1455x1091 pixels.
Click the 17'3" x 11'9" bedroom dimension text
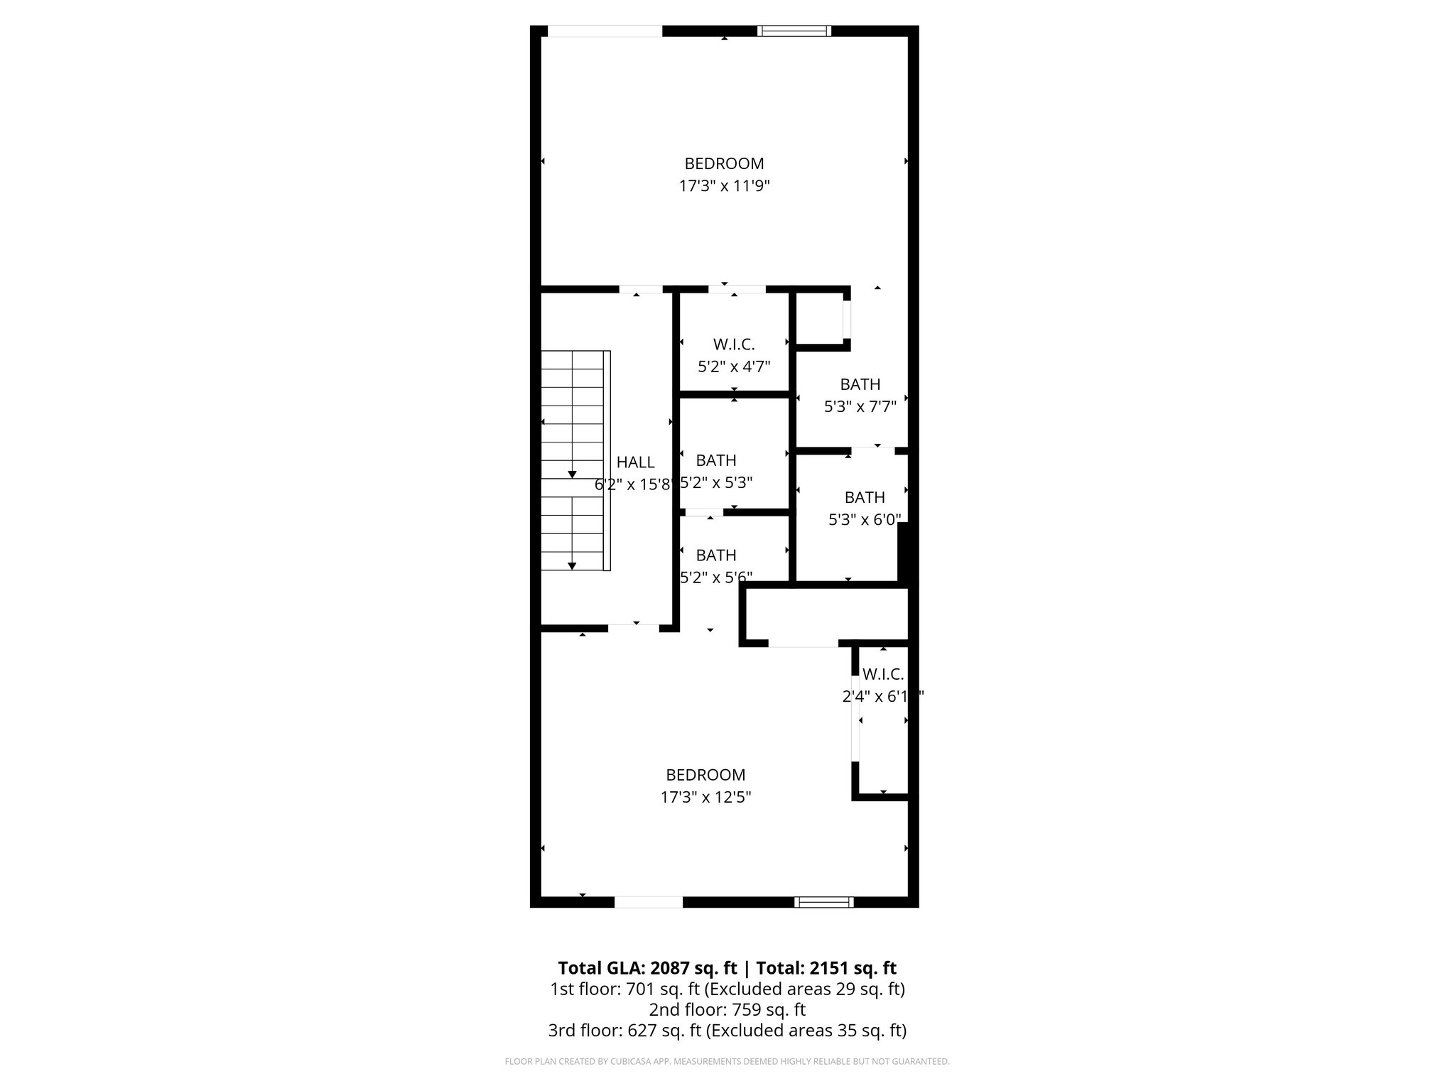tap(724, 186)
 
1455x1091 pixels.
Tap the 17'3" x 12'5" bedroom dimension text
tap(705, 797)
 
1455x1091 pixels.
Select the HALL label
tap(635, 462)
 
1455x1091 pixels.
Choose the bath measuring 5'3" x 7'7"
tap(860, 396)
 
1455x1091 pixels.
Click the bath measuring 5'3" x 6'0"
tap(865, 509)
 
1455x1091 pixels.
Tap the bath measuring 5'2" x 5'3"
tap(716, 471)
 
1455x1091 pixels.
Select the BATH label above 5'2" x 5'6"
tap(715, 555)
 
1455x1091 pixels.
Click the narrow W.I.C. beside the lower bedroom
tap(882, 717)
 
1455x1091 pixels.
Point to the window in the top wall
tap(794, 31)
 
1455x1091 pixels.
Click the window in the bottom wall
tap(823, 902)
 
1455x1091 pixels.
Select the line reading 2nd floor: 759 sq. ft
tap(727, 1009)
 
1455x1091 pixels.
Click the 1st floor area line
tap(727, 989)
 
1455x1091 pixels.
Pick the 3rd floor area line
tap(727, 1030)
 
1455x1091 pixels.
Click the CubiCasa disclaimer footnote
tap(727, 1062)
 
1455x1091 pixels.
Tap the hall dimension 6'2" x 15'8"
tap(633, 485)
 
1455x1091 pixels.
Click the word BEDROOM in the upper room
tap(724, 163)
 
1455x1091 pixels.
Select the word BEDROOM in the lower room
tap(705, 775)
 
